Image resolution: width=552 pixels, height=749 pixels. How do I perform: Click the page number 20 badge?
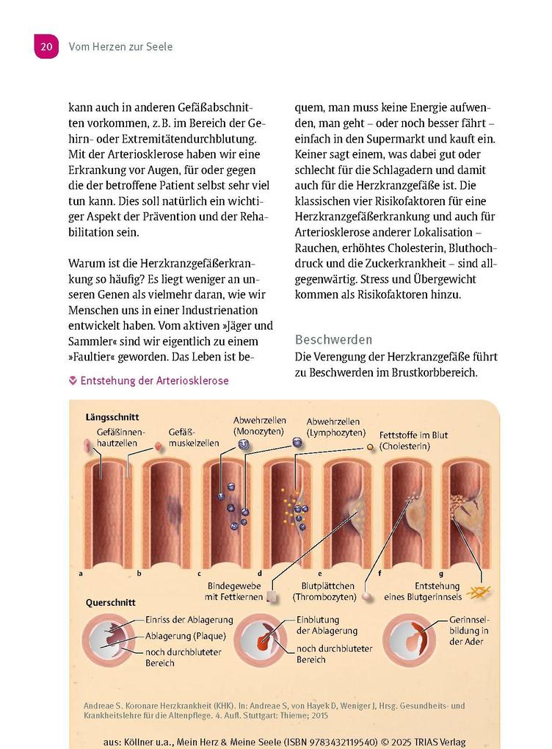click(x=46, y=46)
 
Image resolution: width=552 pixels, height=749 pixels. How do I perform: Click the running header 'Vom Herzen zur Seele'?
click(x=120, y=47)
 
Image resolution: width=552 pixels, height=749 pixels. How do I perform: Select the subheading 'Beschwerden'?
click(x=333, y=340)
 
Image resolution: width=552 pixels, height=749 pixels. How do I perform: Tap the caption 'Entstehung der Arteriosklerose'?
click(x=154, y=380)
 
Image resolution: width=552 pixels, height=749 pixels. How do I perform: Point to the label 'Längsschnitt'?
click(x=112, y=417)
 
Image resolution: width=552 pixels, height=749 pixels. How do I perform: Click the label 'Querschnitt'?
click(x=111, y=602)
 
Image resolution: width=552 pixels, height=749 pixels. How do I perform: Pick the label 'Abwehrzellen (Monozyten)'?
click(x=258, y=426)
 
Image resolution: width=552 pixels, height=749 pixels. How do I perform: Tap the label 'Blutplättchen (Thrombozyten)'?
click(x=328, y=592)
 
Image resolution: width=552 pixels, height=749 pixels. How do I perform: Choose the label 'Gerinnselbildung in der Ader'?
click(x=469, y=631)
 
